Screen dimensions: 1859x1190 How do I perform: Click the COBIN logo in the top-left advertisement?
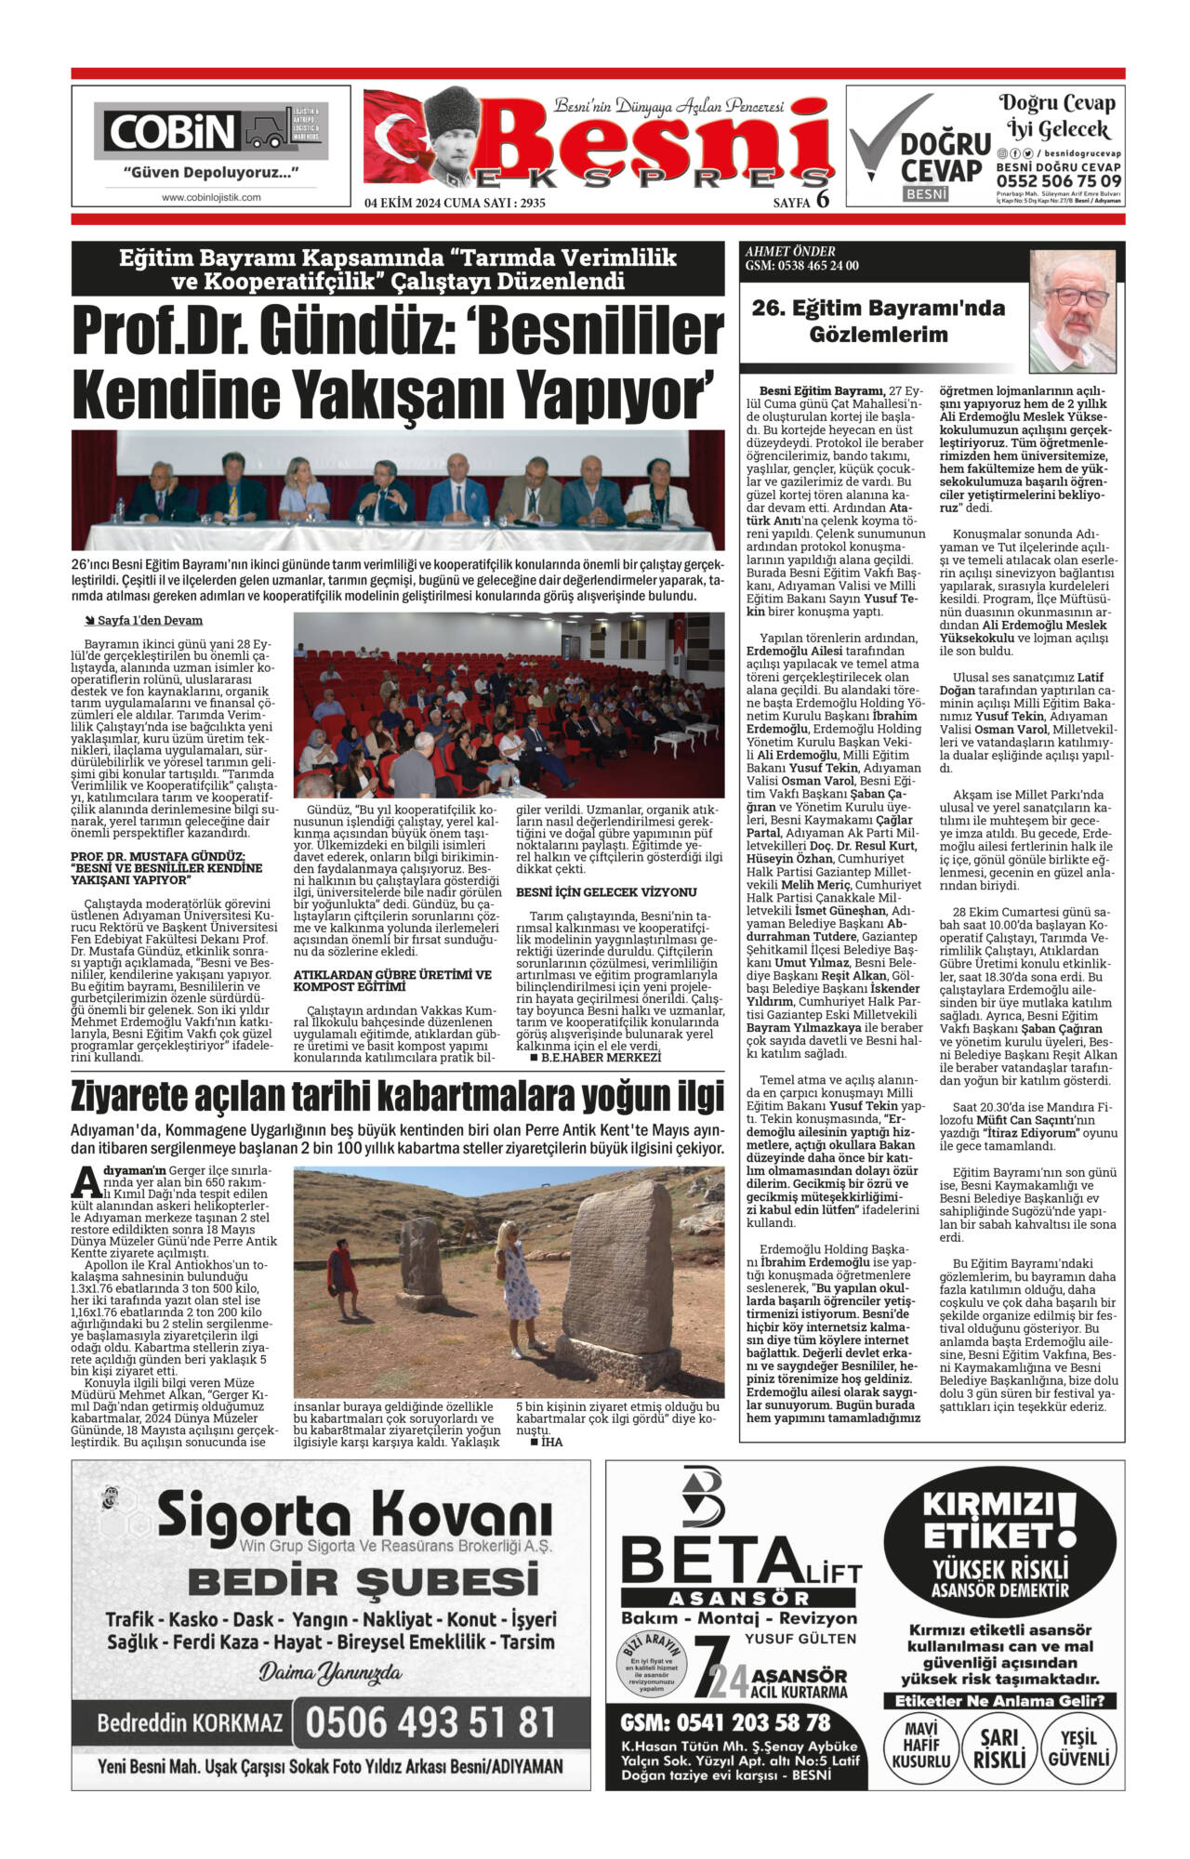coord(172,132)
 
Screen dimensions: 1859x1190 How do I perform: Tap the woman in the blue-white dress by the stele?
coord(517,1286)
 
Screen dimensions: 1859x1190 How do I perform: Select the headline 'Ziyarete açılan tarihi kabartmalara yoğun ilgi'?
coord(397,1098)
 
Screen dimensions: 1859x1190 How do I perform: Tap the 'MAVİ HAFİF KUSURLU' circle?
coord(920,1748)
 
